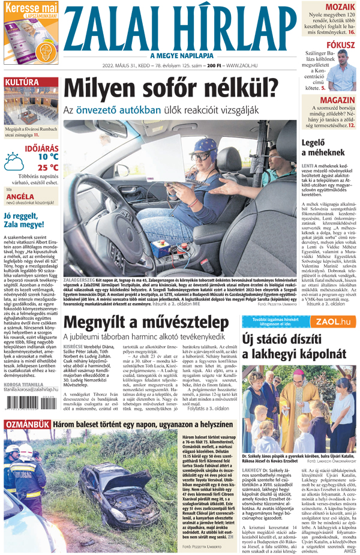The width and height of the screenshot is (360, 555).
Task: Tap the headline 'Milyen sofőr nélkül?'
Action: coord(171,89)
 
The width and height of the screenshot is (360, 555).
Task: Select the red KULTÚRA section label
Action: coord(22,82)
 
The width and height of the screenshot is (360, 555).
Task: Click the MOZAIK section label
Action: coord(340,7)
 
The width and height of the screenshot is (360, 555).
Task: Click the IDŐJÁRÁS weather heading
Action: coord(43,146)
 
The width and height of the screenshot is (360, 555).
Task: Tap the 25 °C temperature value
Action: coord(48,167)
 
